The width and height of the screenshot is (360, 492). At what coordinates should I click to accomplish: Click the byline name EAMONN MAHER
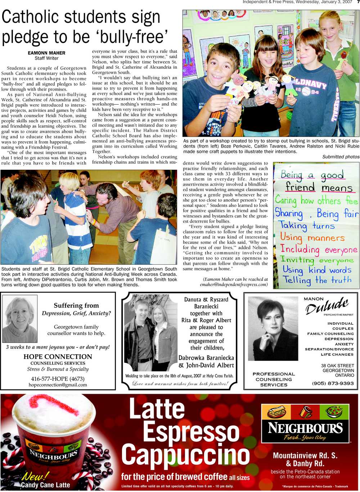46,53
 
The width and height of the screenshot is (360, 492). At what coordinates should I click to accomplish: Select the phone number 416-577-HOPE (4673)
58,379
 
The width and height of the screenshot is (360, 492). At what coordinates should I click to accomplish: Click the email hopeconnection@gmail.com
58,385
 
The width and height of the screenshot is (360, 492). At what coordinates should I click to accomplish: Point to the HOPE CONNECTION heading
58,356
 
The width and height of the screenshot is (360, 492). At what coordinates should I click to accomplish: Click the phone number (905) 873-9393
333,383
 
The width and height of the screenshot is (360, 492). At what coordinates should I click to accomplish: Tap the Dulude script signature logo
327,306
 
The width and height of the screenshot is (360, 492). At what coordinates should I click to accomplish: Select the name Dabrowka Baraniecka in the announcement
206,358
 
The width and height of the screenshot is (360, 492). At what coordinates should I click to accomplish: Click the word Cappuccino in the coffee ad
186,455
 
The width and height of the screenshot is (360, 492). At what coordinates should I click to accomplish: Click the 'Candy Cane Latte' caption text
45,485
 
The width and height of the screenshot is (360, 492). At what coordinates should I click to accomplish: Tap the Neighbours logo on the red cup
54,455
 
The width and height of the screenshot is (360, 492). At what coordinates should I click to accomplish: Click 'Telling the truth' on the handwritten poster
317,280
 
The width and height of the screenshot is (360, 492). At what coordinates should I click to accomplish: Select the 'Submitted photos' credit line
341,157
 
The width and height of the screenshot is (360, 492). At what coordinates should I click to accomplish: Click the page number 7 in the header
357,2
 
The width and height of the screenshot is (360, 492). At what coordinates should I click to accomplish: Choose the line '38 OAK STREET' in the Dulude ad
337,366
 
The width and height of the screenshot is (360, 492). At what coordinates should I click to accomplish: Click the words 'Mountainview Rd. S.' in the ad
305,456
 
